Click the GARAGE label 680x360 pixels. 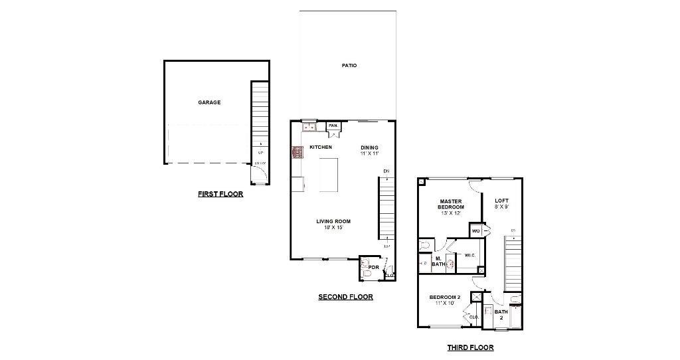(x=209, y=102)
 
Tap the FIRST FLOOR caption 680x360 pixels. (x=220, y=195)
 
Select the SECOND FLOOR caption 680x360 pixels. (x=345, y=297)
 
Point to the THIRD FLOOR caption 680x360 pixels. (x=470, y=347)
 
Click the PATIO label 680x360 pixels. (x=349, y=65)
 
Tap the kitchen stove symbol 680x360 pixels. (x=297, y=153)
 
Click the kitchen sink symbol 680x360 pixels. (x=309, y=126)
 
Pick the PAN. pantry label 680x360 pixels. (x=333, y=126)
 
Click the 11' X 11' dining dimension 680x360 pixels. (x=369, y=153)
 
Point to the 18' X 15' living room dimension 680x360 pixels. (x=333, y=228)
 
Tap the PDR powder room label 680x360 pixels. (x=373, y=267)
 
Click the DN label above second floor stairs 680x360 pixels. (x=386, y=171)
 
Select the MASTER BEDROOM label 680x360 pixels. (x=451, y=204)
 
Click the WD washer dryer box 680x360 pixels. (x=476, y=230)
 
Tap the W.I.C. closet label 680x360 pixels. (x=470, y=255)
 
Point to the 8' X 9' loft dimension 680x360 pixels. (x=501, y=207)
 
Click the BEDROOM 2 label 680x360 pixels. (x=444, y=297)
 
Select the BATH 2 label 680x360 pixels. (x=501, y=314)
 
